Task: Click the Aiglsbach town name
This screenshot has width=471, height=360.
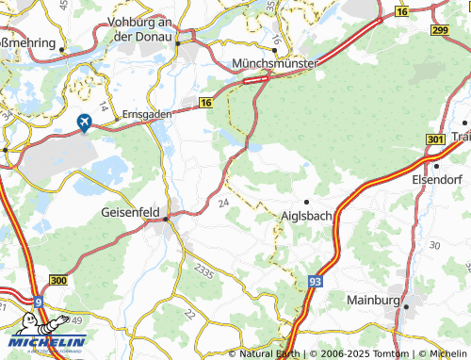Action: pyautogui.click(x=308, y=216)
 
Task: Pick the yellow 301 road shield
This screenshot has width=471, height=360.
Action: pyautogui.click(x=435, y=139)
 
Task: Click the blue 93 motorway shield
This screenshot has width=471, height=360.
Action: pyautogui.click(x=315, y=282)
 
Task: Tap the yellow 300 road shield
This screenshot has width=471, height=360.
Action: pyautogui.click(x=58, y=281)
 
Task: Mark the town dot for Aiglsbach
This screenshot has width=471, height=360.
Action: pyautogui.click(x=306, y=202)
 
